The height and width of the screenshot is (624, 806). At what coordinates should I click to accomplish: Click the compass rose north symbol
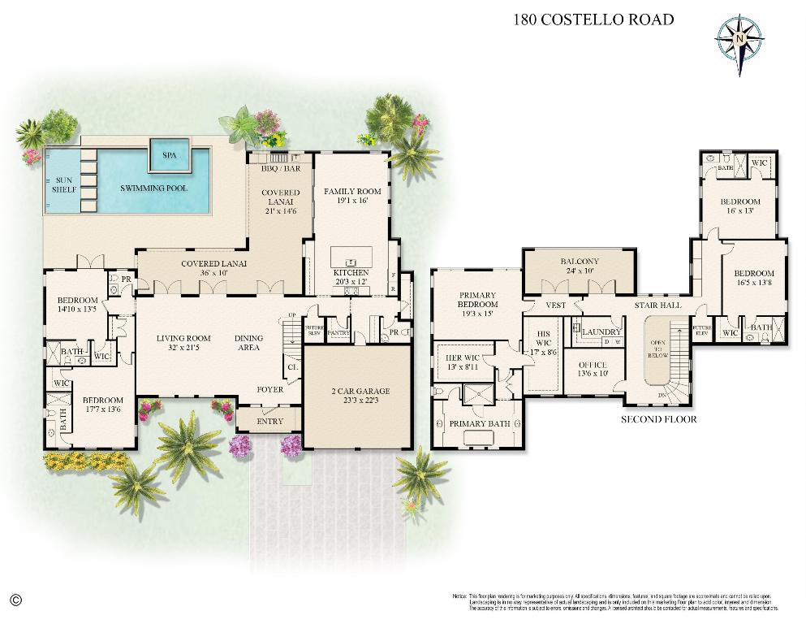coord(739,38)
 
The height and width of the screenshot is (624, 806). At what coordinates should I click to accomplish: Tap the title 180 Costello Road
coord(593,19)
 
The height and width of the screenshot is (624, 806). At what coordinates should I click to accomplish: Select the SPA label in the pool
coord(170,154)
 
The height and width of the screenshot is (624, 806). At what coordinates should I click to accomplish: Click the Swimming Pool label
coord(153,188)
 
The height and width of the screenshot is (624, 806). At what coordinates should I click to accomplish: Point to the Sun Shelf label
coord(65,184)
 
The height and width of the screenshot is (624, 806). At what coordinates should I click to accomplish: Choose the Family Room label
coord(352,192)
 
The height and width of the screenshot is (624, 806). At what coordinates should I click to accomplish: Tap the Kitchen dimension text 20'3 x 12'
coord(351,282)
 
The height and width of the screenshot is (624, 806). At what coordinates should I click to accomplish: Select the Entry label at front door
coord(270,421)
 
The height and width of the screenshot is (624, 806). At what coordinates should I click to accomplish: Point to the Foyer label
coord(270,390)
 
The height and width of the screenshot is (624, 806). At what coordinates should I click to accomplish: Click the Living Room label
coord(183,338)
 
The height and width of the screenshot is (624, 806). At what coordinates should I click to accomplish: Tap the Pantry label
coord(338,332)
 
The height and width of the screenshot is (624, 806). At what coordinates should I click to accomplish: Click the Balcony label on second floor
coord(579,262)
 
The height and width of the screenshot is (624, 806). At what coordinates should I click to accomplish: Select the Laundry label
coord(601,332)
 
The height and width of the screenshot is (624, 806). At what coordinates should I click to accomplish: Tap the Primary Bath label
coord(479,423)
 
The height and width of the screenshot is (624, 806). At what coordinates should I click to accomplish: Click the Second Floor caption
coord(658,420)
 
